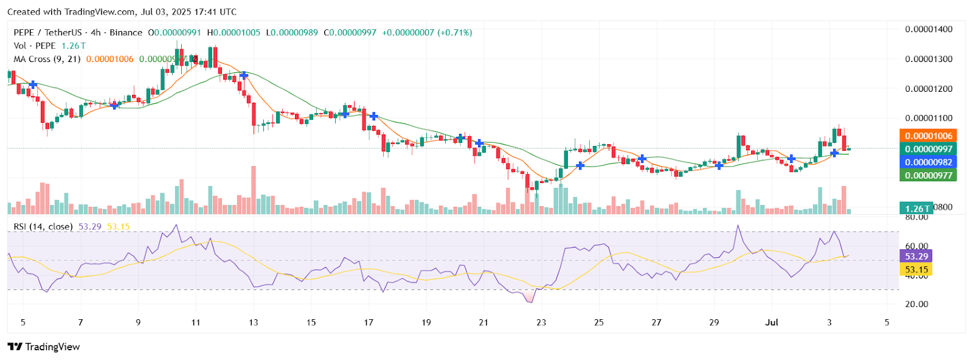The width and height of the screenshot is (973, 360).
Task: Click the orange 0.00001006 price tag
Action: pyautogui.click(x=929, y=136)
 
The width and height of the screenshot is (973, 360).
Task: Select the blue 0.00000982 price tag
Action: pyautogui.click(x=929, y=162)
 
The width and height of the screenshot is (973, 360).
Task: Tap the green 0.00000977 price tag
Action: pyautogui.click(x=929, y=176)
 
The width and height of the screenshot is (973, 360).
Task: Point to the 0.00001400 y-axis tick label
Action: pyautogui.click(x=929, y=29)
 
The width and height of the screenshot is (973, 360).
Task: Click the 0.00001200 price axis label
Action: pyautogui.click(x=929, y=89)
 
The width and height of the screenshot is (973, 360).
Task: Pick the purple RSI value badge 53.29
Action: pyautogui.click(x=916, y=257)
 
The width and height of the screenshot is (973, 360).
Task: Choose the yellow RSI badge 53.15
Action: pyautogui.click(x=916, y=269)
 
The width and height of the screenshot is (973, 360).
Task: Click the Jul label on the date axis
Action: pyautogui.click(x=772, y=322)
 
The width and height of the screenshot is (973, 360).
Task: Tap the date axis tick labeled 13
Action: pyautogui.click(x=253, y=322)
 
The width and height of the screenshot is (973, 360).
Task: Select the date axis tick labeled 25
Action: pyautogui.click(x=599, y=322)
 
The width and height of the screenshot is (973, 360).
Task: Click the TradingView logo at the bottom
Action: pyautogui.click(x=44, y=347)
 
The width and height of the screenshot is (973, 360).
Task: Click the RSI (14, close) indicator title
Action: pyautogui.click(x=43, y=227)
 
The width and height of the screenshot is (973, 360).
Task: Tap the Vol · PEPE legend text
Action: pyautogui.click(x=35, y=46)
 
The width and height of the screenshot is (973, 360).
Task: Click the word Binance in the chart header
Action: pyautogui.click(x=126, y=32)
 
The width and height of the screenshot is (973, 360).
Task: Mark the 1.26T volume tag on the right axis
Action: pyautogui.click(x=918, y=209)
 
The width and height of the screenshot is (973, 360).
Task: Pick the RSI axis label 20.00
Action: pyautogui.click(x=916, y=304)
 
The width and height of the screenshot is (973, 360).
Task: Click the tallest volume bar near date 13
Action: pyautogui.click(x=254, y=190)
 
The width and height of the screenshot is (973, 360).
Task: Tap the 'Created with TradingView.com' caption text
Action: pyautogui.click(x=122, y=12)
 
